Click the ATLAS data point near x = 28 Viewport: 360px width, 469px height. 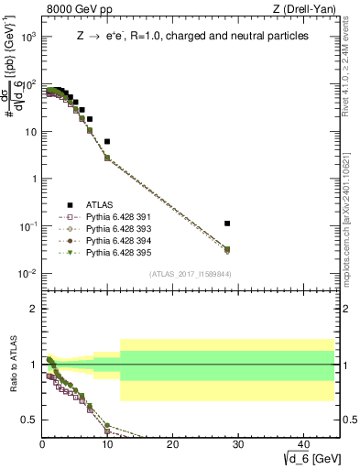point(227,224)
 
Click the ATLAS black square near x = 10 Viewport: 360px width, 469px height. point(107,142)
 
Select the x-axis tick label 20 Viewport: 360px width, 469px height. point(172,445)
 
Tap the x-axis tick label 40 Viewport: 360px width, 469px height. point(302,445)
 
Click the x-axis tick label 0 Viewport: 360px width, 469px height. point(42,445)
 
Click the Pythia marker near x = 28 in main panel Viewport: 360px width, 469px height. point(227,249)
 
